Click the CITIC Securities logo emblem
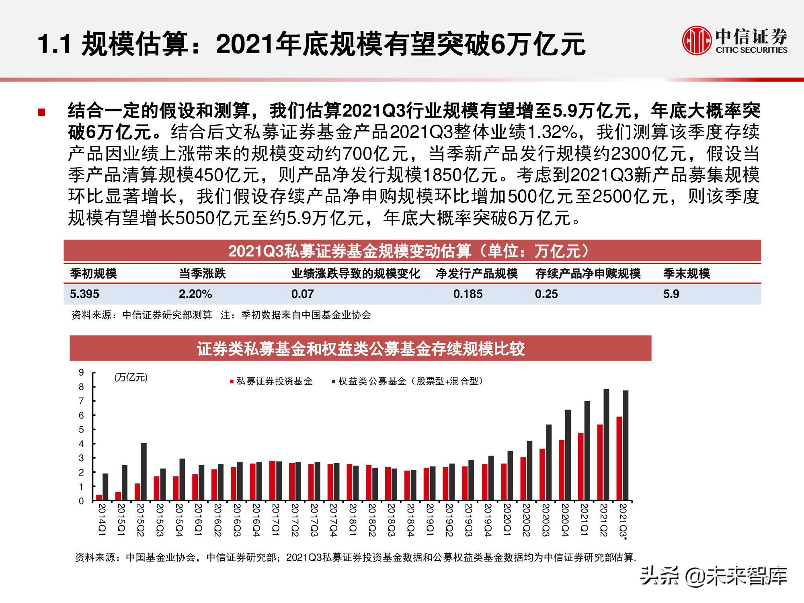(x=696, y=40)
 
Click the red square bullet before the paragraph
(x=41, y=112)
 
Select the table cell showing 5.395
(x=84, y=294)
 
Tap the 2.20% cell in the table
(x=195, y=294)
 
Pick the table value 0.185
(x=468, y=294)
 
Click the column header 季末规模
(x=686, y=273)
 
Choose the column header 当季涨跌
(x=202, y=273)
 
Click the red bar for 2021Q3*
(x=619, y=458)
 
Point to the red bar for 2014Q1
(x=99, y=498)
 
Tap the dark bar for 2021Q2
(x=606, y=444)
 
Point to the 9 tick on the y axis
(x=82, y=373)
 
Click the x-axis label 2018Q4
(x=410, y=519)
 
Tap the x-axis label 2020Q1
(x=507, y=519)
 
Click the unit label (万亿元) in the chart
(x=131, y=377)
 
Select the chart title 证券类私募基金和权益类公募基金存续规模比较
(x=360, y=349)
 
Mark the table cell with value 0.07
(x=302, y=294)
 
